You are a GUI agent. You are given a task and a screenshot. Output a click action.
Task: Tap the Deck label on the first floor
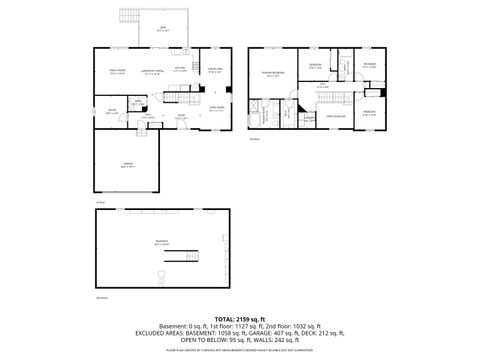tap(164, 29)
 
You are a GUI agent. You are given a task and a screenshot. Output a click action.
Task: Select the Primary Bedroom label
tap(270, 75)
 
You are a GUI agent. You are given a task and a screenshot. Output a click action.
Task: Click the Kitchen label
tap(182, 70)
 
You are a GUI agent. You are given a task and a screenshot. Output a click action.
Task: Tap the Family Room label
tap(116, 71)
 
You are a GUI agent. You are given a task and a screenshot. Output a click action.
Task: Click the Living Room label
tap(215, 109)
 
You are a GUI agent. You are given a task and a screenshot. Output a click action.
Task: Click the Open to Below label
tap(338, 117)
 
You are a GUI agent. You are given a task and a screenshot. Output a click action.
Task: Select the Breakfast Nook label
tap(153, 71)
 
